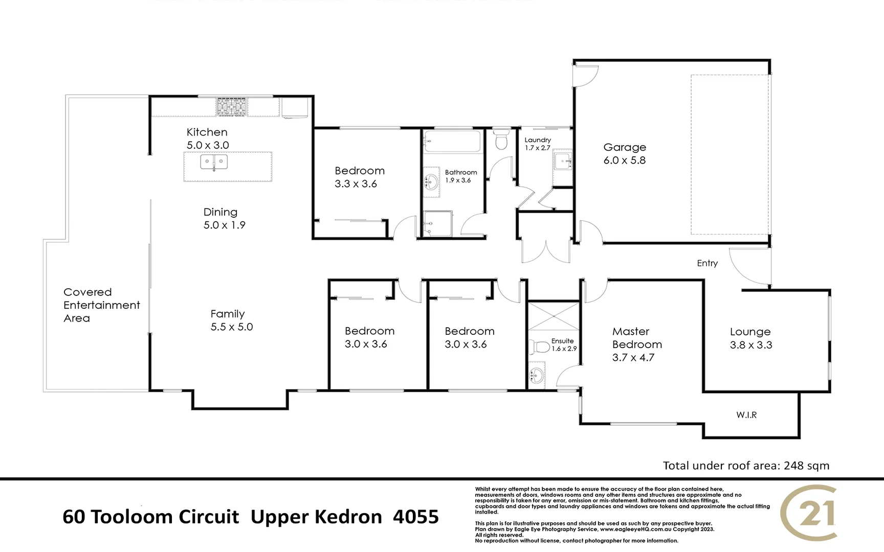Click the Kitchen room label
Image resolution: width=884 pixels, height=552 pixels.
pos(207,132)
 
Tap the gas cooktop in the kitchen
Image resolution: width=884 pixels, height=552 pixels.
pos(231,107)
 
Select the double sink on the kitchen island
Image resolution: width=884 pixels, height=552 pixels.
pos(214,163)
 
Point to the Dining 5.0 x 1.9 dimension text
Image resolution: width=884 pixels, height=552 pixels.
pos(224,225)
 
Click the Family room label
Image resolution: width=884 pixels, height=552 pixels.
pos(227,314)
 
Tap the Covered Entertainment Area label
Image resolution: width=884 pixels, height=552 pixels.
pos(101,305)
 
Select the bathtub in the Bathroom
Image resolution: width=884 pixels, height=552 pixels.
pos(453,141)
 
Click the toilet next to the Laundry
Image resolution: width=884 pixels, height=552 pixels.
pos(501,140)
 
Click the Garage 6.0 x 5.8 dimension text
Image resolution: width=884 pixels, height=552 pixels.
pos(624,160)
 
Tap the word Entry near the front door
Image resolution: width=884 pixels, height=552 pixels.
pos(707,263)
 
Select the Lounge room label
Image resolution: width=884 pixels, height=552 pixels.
pos(750,332)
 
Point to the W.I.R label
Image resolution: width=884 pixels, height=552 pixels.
pos(746,415)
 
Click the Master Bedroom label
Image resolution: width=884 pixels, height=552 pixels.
pos(637,338)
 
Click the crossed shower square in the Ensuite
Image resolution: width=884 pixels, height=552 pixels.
pos(554,316)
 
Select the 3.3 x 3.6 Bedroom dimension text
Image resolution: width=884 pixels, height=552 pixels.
pos(356,184)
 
